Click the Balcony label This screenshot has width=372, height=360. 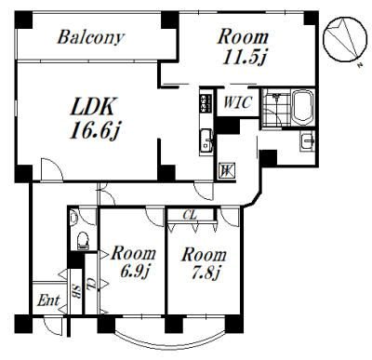[91, 37]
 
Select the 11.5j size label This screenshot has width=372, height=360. [244, 57]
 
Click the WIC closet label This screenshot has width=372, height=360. [237, 102]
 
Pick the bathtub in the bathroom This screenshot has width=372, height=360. [303, 107]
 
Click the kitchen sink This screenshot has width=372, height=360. [206, 140]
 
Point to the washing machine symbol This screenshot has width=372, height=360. [227, 170]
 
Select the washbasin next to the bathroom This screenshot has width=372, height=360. [307, 140]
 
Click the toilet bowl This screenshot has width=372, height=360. [83, 240]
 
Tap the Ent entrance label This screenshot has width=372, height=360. [48, 300]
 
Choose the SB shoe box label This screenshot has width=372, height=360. [76, 291]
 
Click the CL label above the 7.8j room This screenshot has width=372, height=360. [190, 215]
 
